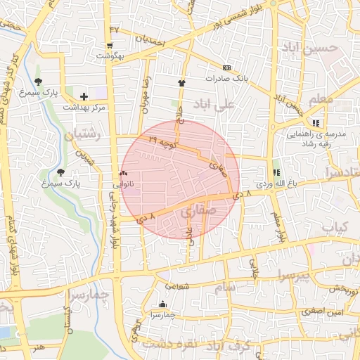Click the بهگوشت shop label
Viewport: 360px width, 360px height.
pos(110,56)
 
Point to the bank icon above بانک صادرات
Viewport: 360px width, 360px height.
pos(226,67)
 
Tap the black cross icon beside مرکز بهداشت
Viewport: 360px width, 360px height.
pos(84,96)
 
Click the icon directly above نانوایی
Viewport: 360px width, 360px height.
pos(124,173)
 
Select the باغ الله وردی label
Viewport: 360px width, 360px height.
pos(274,183)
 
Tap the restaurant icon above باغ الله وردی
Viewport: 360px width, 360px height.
pos(276,172)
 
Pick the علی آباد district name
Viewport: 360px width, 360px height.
pos(240,103)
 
